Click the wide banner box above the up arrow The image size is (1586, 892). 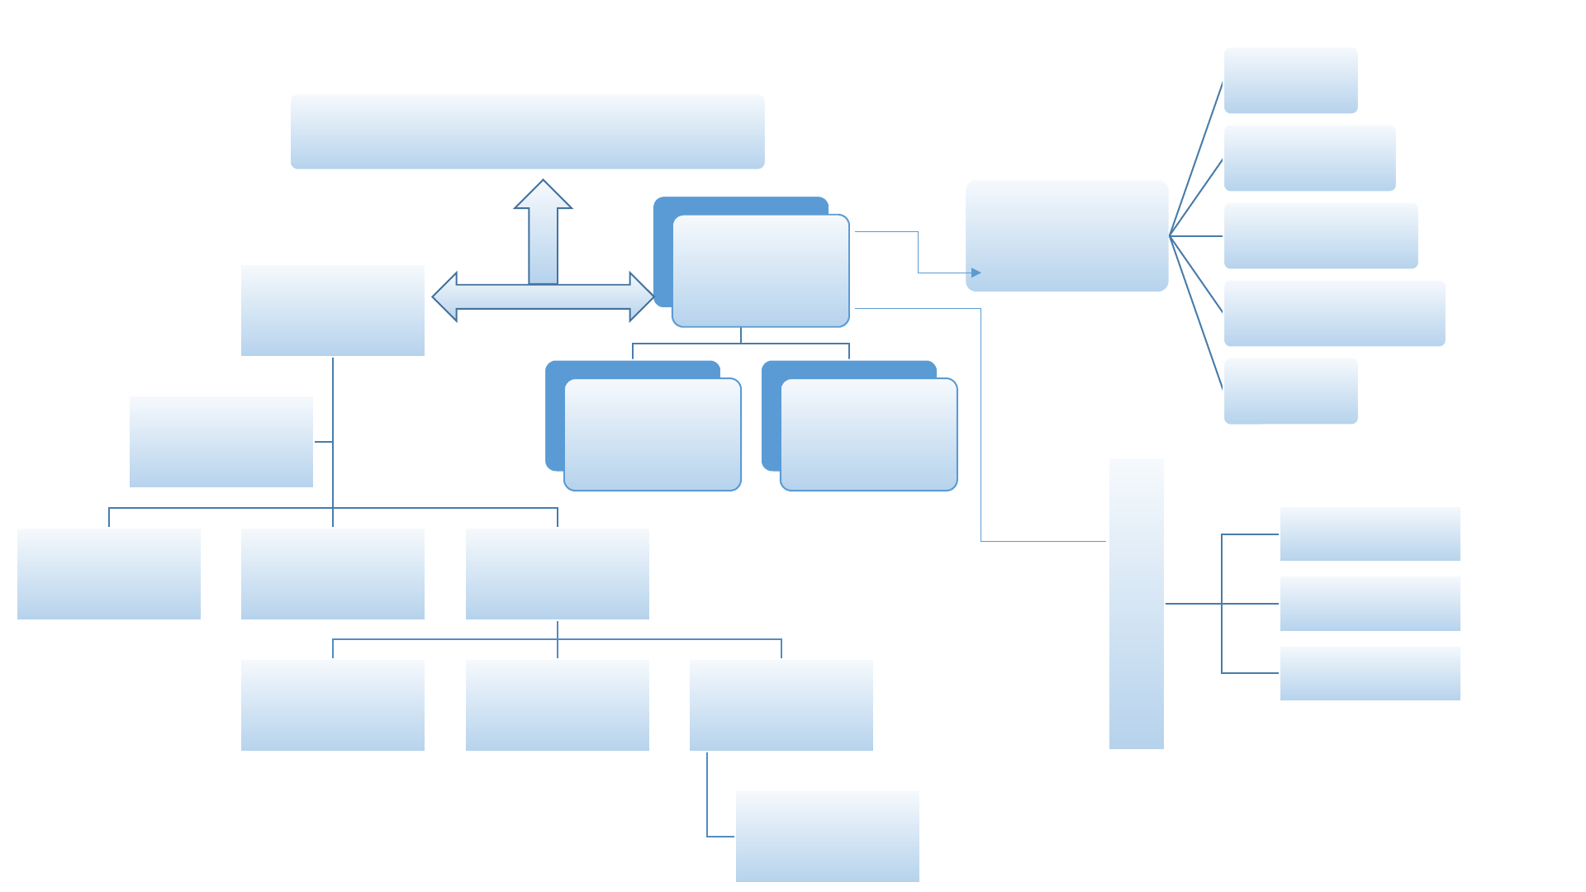pyautogui.click(x=527, y=131)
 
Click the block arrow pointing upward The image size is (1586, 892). pyautogui.click(x=543, y=235)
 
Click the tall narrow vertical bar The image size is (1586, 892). pyautogui.click(x=1136, y=603)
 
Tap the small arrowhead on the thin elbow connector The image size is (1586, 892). pyautogui.click(x=976, y=273)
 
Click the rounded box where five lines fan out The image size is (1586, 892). pyautogui.click(x=1066, y=235)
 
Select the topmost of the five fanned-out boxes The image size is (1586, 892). pyautogui.click(x=1290, y=80)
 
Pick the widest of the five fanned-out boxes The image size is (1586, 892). pyautogui.click(x=1334, y=313)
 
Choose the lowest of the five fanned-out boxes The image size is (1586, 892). pyautogui.click(x=1290, y=391)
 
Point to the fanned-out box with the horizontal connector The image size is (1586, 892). pyautogui.click(x=1320, y=235)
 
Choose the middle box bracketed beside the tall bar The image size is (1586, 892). pyautogui.click(x=1370, y=603)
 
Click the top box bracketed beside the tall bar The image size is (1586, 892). pyautogui.click(x=1370, y=534)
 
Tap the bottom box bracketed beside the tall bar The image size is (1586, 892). pyautogui.click(x=1370, y=673)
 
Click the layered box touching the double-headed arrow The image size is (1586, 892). pyautogui.click(x=760, y=271)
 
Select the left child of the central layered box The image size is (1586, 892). pyautogui.click(x=652, y=434)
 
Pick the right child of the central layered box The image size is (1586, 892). pyautogui.click(x=868, y=434)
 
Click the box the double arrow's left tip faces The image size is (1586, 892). pyautogui.click(x=332, y=310)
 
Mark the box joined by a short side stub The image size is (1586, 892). pyautogui.click(x=221, y=441)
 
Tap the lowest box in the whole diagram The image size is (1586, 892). pyautogui.click(x=827, y=836)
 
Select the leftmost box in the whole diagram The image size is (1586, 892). pyautogui.click(x=108, y=573)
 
